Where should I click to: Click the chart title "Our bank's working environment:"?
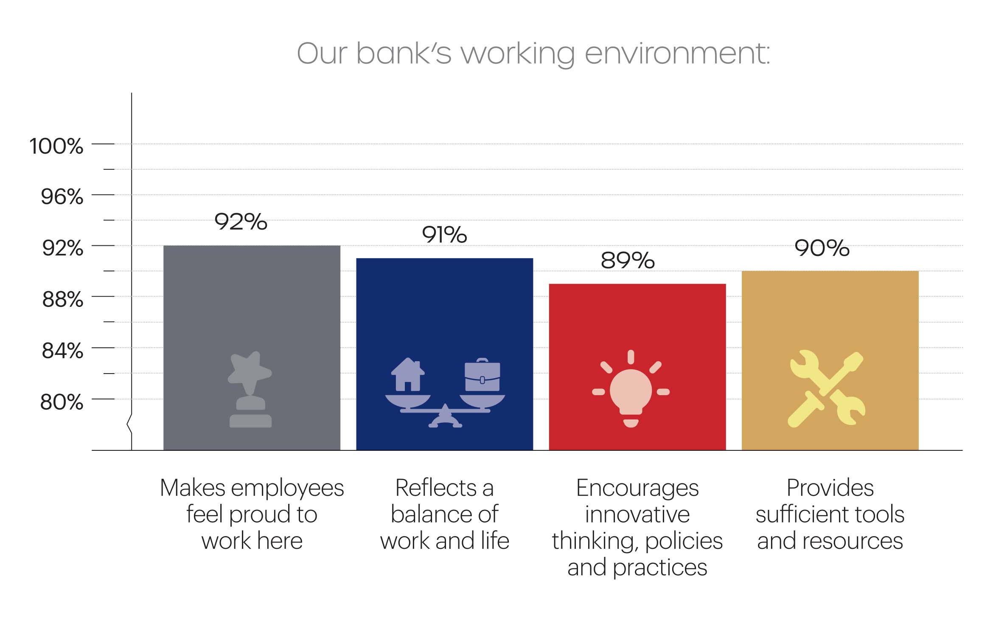point(533,54)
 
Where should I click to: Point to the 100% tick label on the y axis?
point(56,146)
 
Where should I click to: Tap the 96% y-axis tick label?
point(62,197)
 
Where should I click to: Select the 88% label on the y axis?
point(62,300)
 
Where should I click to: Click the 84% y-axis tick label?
point(62,351)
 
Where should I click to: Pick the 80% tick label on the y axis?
point(62,402)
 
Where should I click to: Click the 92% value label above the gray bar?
point(241,222)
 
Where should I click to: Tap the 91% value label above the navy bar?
point(444,234)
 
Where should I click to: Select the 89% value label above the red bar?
point(628,260)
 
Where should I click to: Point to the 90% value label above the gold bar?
point(822,248)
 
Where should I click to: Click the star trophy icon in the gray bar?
point(250,389)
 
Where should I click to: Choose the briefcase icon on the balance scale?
point(482,375)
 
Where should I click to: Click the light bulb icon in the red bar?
point(631,389)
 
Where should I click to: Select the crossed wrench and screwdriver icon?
point(826,389)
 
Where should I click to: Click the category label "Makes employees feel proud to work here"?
point(252,514)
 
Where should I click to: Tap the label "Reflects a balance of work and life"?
point(445,514)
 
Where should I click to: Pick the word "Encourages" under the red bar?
point(637,488)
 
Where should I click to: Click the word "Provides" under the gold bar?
point(830,488)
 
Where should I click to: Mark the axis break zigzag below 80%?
point(129,424)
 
